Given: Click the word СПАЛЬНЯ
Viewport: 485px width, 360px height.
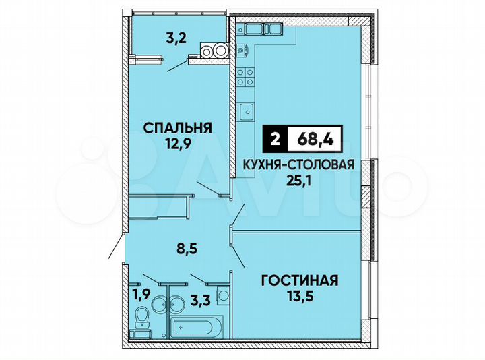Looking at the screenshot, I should coord(177,127).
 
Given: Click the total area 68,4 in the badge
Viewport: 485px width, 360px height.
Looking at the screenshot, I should coord(315,140).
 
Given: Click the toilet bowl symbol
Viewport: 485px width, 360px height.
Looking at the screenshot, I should coord(142,316).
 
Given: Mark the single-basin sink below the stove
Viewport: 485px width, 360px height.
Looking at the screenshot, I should coord(247,109).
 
